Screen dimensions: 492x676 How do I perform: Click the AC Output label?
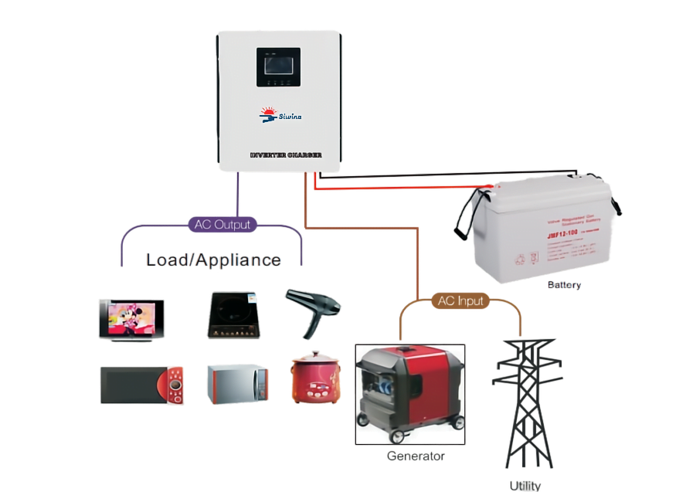[x=222, y=225]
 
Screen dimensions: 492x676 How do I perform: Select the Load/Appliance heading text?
[x=213, y=260]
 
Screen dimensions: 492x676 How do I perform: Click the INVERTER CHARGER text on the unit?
[x=285, y=155]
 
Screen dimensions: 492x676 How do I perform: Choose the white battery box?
[x=544, y=231]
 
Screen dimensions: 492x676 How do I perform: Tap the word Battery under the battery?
[x=564, y=286]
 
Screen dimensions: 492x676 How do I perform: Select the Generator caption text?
[x=415, y=456]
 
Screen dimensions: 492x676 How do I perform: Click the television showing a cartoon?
[x=131, y=319]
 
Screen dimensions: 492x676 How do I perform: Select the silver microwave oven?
[x=237, y=384]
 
